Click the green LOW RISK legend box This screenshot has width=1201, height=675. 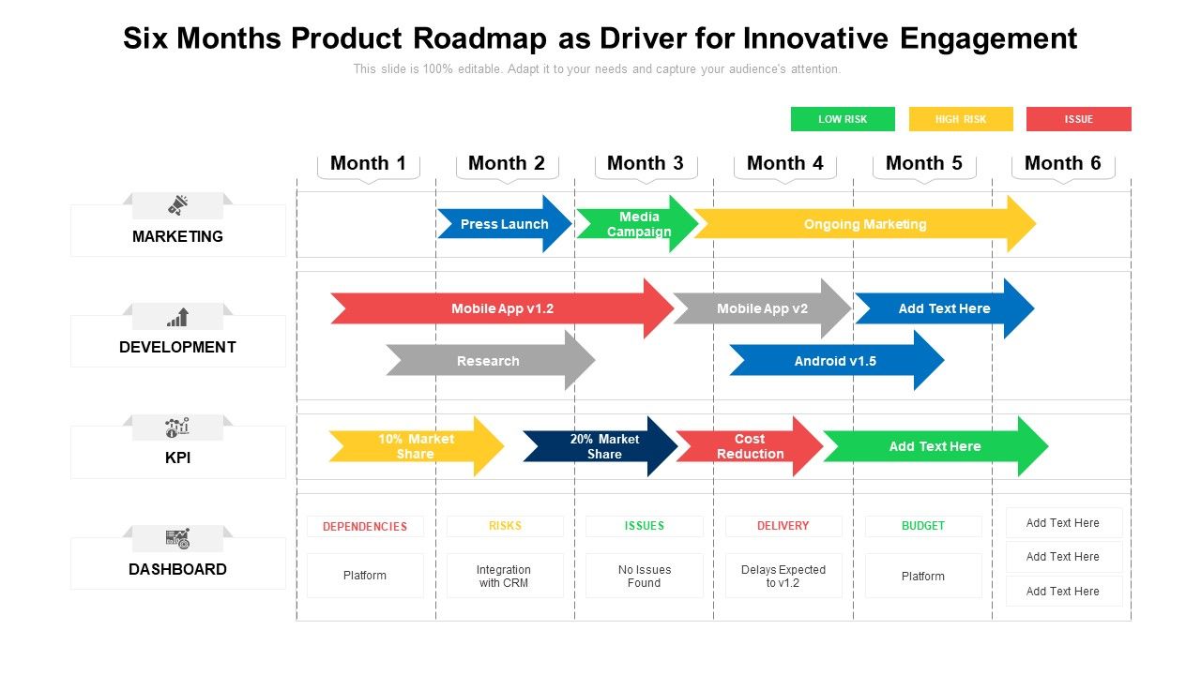[843, 119]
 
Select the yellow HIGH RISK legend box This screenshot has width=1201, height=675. [961, 119]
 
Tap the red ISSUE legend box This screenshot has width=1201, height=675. [1078, 119]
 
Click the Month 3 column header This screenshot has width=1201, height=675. [646, 163]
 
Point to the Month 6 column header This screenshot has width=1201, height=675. [1062, 163]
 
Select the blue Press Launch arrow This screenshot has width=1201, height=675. [504, 224]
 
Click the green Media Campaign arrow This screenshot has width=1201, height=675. [638, 224]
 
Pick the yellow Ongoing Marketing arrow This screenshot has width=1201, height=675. [864, 224]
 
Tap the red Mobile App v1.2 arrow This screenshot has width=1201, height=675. [502, 308]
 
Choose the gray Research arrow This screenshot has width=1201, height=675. [488, 361]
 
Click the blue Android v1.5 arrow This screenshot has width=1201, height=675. [835, 361]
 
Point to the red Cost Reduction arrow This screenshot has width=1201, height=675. [749, 446]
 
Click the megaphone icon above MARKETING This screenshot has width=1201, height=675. [177, 205]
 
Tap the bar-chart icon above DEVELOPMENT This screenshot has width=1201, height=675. [177, 317]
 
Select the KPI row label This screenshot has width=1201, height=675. [177, 457]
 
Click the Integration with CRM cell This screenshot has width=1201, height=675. [504, 576]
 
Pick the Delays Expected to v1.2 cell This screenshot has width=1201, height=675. [783, 576]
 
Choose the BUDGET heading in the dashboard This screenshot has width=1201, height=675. [923, 526]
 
